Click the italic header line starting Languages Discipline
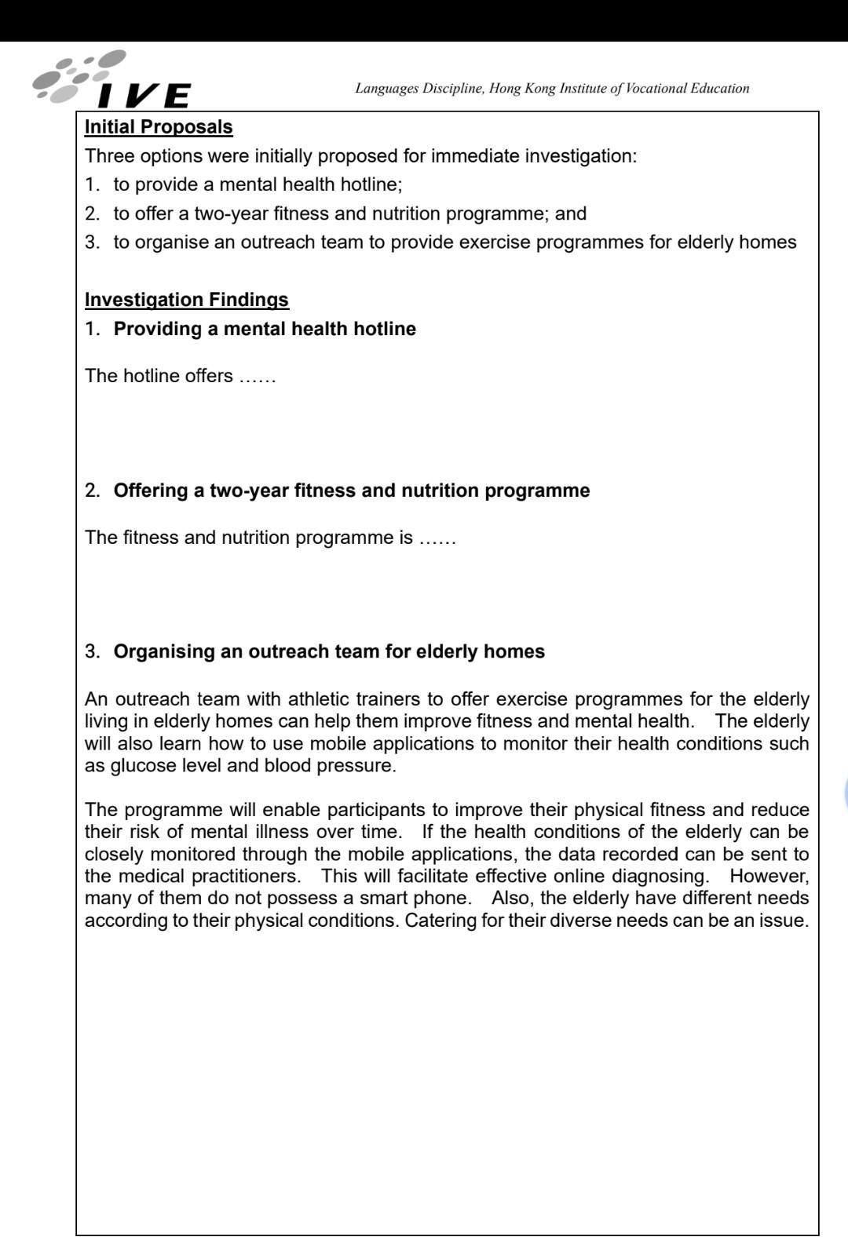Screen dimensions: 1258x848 click(x=552, y=88)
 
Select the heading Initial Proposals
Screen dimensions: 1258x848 click(x=159, y=127)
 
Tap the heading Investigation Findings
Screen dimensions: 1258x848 click(x=187, y=300)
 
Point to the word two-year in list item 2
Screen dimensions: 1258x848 click(x=231, y=213)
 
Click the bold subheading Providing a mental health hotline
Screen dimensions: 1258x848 click(x=265, y=329)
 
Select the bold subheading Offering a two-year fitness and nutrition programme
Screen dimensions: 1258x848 click(x=352, y=490)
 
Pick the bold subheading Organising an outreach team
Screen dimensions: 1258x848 click(x=329, y=651)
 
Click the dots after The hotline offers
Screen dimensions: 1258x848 click(x=258, y=377)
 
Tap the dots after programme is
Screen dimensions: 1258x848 click(x=437, y=538)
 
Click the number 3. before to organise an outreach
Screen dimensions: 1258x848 click(x=93, y=242)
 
